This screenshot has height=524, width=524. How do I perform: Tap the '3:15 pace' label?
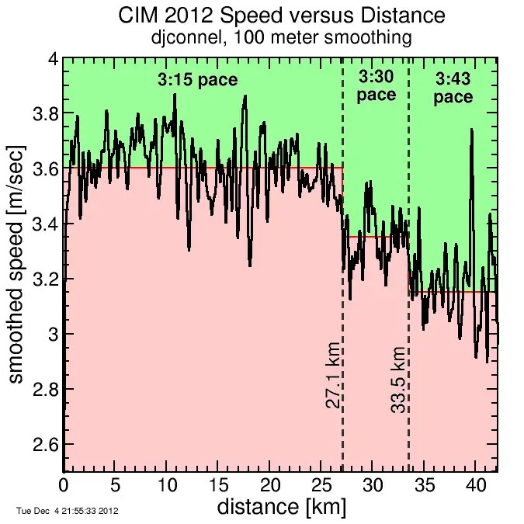(x=197, y=80)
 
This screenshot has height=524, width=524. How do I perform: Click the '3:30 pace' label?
(x=376, y=85)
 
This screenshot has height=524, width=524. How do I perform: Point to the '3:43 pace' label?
(x=453, y=88)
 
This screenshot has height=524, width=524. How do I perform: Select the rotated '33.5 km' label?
(x=398, y=380)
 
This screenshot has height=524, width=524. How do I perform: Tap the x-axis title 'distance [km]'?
(x=281, y=508)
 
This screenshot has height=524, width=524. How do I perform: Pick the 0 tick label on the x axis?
(x=64, y=484)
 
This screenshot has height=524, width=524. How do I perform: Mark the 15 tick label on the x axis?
(x=218, y=484)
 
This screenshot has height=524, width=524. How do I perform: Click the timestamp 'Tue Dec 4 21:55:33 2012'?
(x=67, y=511)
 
